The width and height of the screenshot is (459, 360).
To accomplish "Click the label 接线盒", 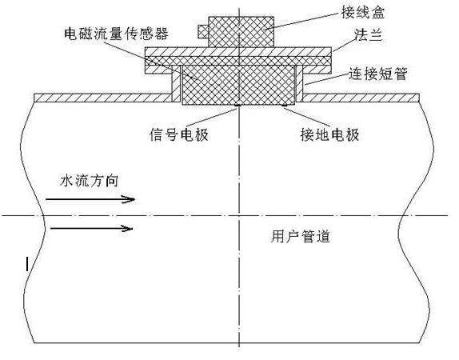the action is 363,12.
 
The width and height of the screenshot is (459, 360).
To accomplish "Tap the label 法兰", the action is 369,35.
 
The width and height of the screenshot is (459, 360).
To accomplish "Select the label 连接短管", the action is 377,74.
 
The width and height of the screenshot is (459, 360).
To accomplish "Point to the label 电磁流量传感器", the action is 116,33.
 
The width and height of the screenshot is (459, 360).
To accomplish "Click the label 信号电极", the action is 178,134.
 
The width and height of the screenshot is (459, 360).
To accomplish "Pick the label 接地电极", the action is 330,134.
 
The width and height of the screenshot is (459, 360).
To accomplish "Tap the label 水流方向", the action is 89,181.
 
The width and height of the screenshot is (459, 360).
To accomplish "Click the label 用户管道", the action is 301,236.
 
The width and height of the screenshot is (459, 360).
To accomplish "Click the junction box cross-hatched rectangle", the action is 241,32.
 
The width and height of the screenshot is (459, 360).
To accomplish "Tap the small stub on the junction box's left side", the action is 203,32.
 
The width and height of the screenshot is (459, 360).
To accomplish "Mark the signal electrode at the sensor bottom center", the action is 237,106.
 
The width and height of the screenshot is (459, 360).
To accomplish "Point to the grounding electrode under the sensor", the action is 284,105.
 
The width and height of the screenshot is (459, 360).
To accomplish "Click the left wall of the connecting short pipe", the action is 177,83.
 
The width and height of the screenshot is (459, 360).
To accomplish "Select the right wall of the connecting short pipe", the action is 300,83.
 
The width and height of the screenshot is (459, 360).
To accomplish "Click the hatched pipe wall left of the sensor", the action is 102,98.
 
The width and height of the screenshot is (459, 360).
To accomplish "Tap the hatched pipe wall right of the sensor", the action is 361,98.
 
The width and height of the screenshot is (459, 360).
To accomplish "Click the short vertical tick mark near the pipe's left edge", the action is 27,264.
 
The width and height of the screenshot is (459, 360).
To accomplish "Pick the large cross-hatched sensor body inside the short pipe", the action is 238,85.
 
